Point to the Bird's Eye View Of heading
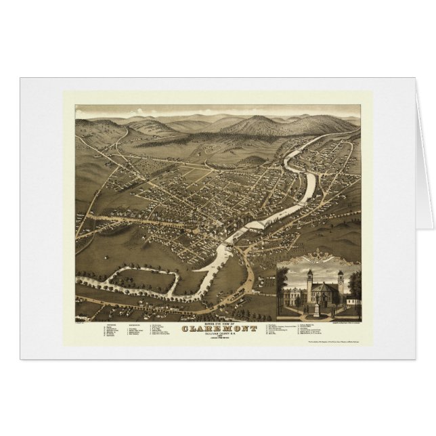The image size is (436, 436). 217,323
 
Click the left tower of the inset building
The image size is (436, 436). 309,284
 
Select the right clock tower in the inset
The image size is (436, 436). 340,285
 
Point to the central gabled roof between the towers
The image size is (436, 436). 325,286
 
